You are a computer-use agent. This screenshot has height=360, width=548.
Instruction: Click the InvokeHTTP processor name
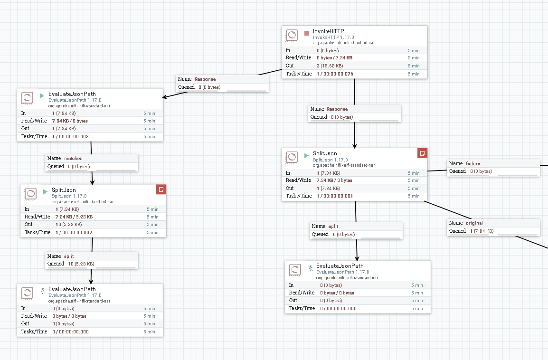pyautogui.click(x=328, y=31)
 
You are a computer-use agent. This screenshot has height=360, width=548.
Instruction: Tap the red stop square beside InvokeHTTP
pyautogui.click(x=307, y=33)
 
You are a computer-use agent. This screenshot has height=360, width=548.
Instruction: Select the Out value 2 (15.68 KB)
pyautogui.click(x=330, y=66)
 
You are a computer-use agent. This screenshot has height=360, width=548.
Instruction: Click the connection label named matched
pyautogui.click(x=73, y=159)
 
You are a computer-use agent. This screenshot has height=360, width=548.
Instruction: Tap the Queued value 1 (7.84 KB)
pyautogui.click(x=482, y=231)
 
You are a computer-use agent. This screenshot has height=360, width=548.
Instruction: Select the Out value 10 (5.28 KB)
pyautogui.click(x=68, y=225)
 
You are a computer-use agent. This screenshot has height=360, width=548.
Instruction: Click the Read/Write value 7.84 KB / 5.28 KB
pyautogui.click(x=74, y=217)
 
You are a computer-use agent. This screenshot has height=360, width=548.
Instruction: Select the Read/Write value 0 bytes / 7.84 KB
pyautogui.click(x=335, y=58)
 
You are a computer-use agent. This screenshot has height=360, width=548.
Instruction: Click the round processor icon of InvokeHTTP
pyautogui.click(x=292, y=36)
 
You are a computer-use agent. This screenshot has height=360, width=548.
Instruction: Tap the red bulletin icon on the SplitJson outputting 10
pyautogui.click(x=161, y=189)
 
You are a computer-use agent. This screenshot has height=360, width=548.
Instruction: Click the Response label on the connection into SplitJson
pyautogui.click(x=337, y=109)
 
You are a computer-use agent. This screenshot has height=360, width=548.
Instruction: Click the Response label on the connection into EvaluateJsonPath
pyautogui.click(x=205, y=79)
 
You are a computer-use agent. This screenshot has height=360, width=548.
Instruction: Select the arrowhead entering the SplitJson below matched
pyautogui.click(x=92, y=181)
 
